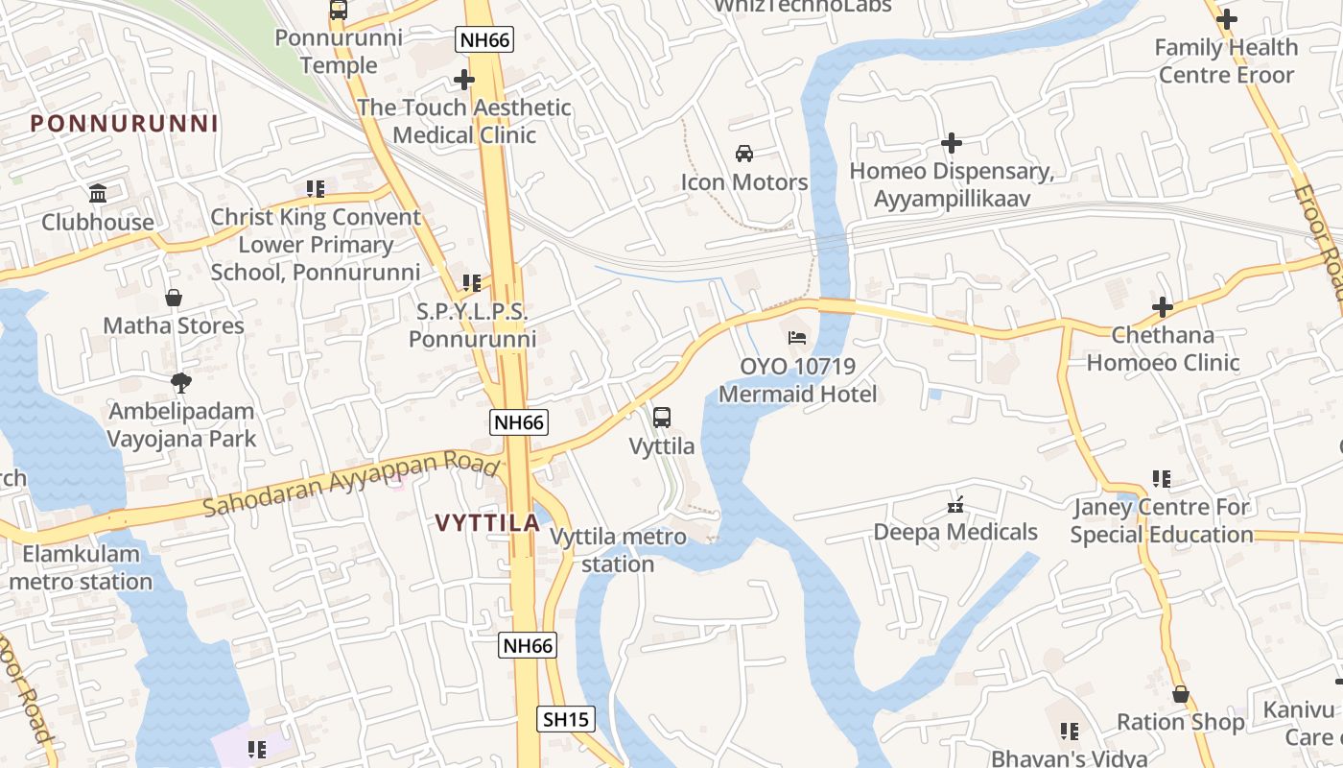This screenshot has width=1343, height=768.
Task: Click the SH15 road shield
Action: [x=565, y=719]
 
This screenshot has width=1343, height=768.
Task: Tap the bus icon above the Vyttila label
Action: [x=661, y=418]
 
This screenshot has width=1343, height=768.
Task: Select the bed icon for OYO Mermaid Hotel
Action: [x=797, y=338]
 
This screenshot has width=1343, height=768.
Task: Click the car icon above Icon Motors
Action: [x=743, y=154]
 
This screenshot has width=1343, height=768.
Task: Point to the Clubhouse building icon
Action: [x=98, y=194]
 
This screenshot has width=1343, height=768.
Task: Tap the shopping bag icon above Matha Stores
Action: [x=174, y=298]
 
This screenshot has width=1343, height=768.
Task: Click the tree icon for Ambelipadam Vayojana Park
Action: [x=180, y=383]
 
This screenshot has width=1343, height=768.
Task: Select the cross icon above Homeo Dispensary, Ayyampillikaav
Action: [x=952, y=143]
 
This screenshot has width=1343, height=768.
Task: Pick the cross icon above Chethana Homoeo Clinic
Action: [x=1163, y=307]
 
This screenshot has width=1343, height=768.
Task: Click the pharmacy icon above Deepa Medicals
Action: [x=955, y=504]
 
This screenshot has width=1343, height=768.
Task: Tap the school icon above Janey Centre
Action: [x=1162, y=478]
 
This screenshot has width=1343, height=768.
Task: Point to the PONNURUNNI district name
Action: [x=124, y=124]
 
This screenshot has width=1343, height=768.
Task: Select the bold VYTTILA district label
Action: [x=487, y=523]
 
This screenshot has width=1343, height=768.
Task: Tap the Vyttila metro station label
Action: [x=619, y=550]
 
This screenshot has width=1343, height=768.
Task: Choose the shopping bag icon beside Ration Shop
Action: [x=1181, y=694]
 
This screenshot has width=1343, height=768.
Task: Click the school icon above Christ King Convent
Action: [x=316, y=189]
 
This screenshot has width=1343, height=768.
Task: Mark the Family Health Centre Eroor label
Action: [x=1226, y=60]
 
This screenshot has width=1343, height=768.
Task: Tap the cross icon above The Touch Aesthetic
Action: [x=464, y=80]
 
